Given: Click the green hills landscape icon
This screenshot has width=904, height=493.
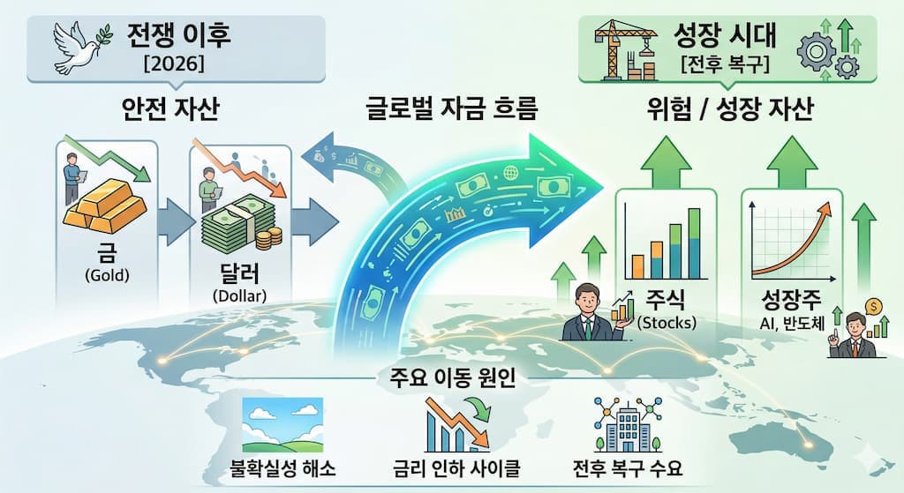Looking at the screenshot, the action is tap(282, 424).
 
